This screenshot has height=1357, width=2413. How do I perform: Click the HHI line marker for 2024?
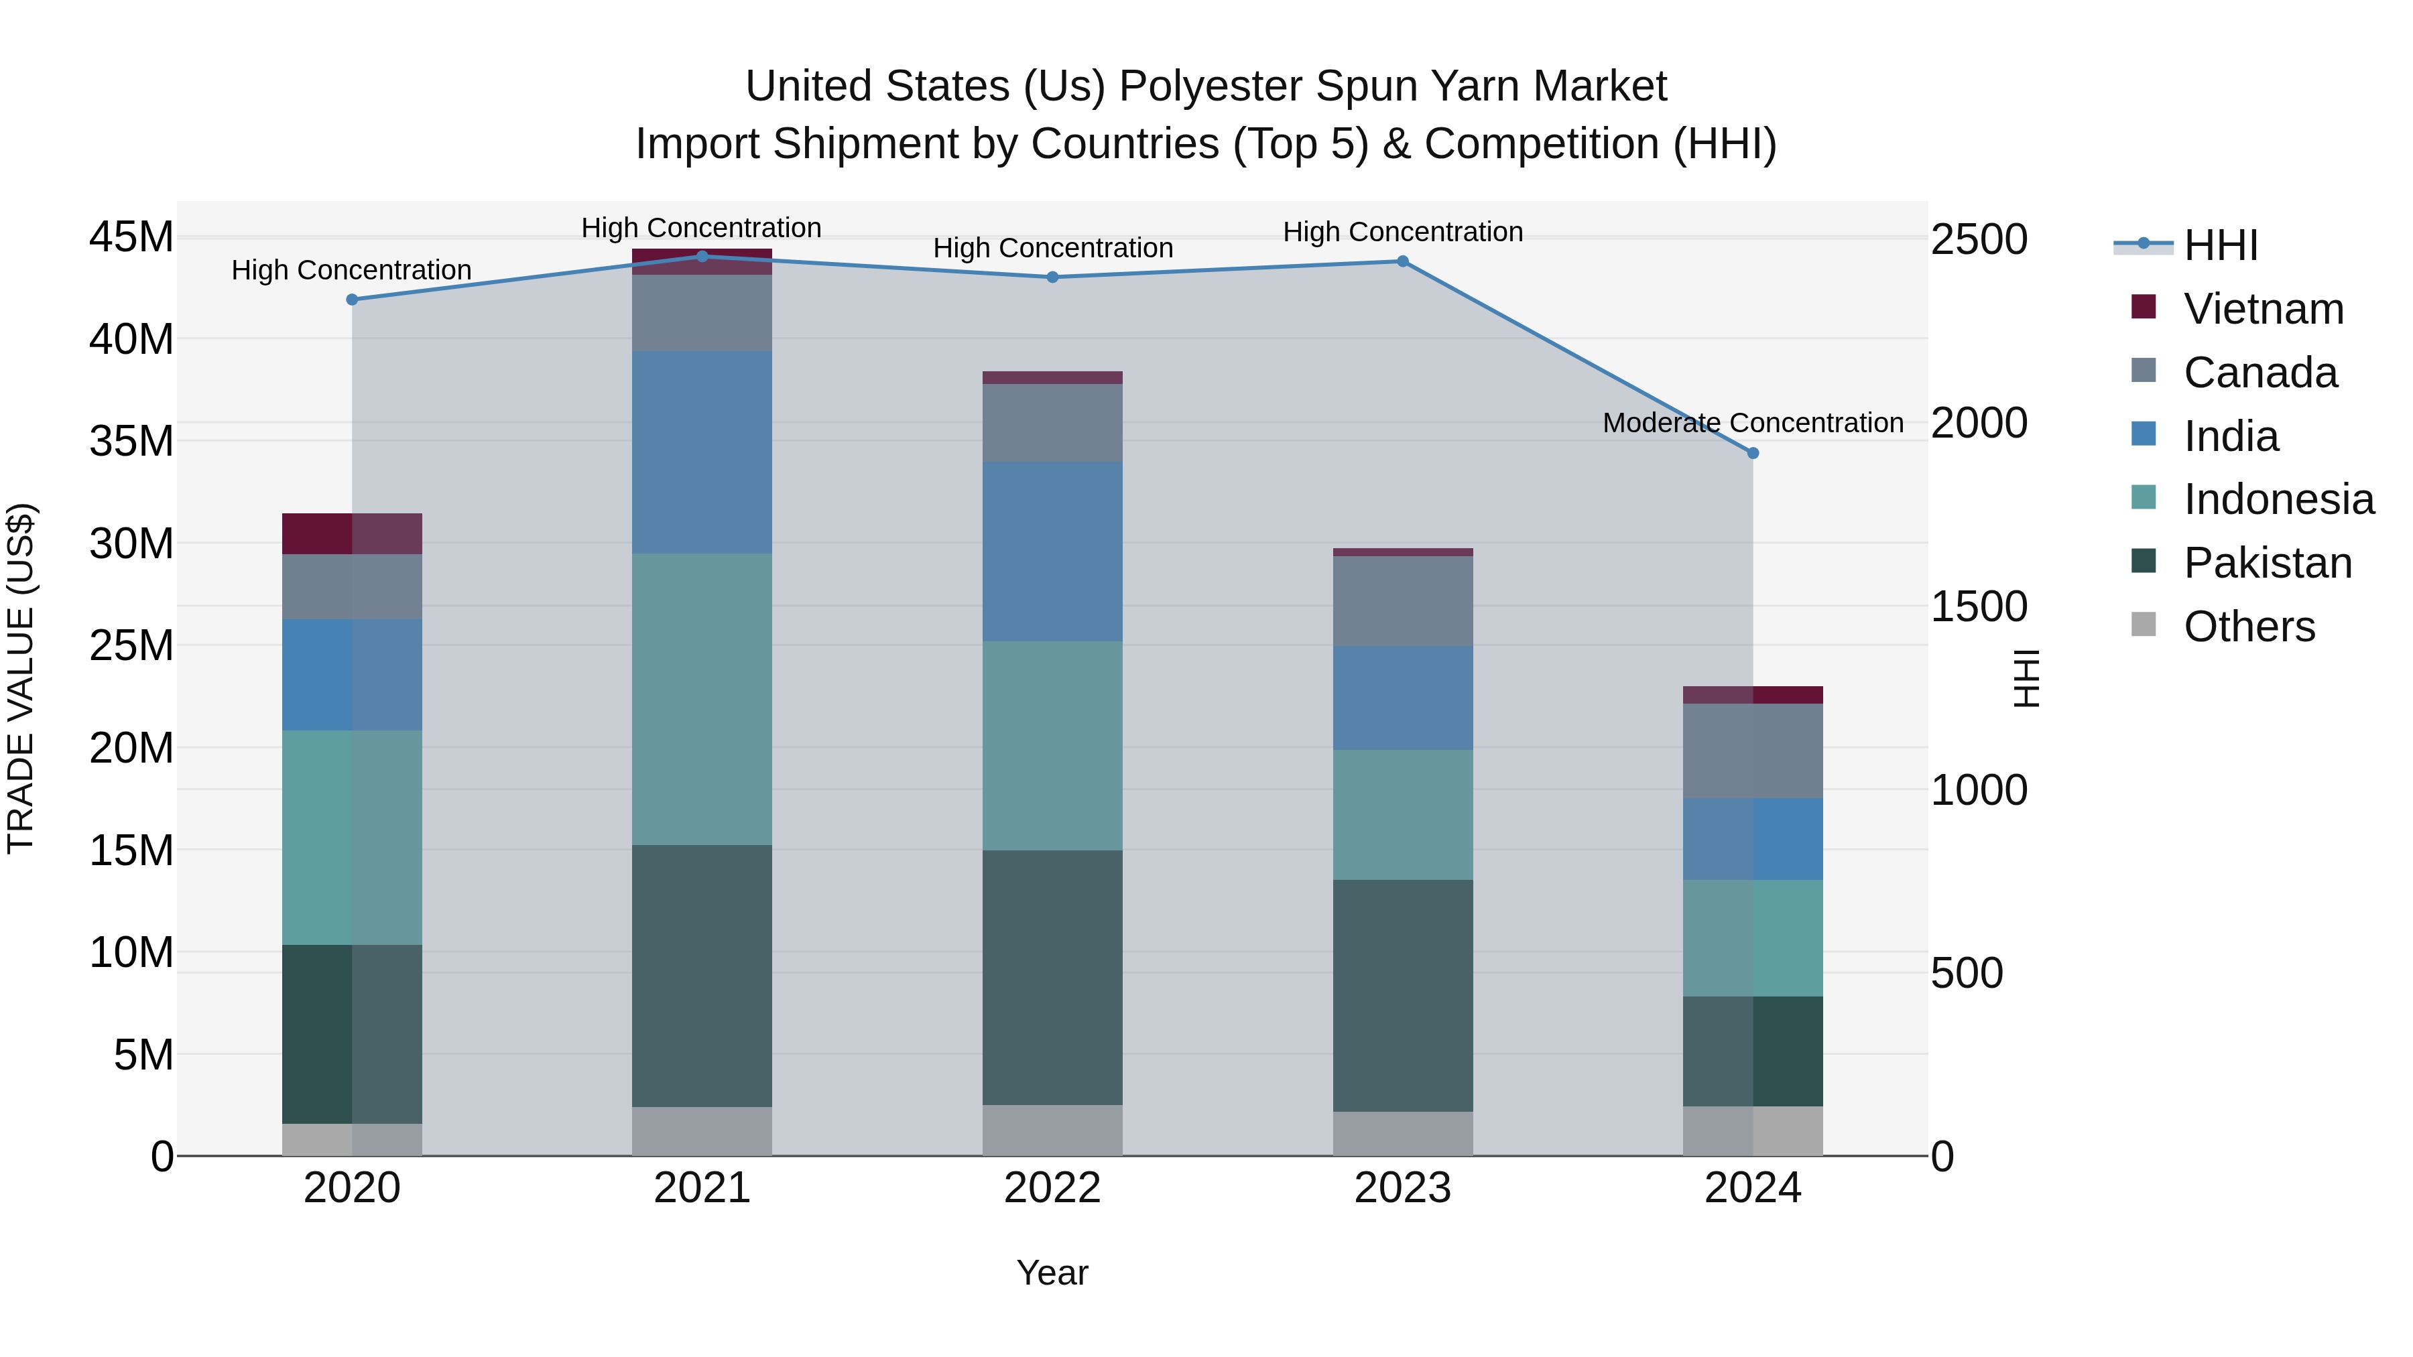point(1753,453)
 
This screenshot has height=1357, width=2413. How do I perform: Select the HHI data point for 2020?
point(352,300)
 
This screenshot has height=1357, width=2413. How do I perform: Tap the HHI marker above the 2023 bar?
point(1402,261)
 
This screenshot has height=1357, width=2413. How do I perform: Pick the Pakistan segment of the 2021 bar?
point(702,976)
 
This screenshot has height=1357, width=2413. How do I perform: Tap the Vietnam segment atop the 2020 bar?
point(352,534)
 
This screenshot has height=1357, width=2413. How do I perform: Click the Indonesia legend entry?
point(2278,499)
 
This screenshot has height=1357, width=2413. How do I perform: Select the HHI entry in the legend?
point(2220,245)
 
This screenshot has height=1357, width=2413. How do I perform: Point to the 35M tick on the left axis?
point(131,441)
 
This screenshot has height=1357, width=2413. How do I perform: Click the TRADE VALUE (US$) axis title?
point(21,678)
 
